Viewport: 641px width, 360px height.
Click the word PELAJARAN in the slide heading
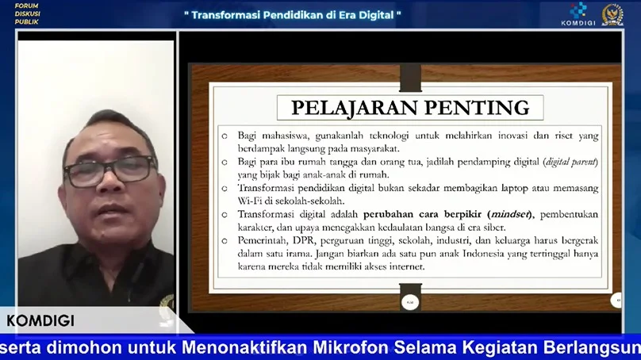tap(355, 109)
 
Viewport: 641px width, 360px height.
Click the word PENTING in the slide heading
tap(477, 108)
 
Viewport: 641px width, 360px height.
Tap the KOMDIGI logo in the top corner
tap(578, 14)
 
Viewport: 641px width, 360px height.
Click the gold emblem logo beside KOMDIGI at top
tap(612, 15)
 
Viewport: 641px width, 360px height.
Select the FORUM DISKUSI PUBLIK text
tap(28, 14)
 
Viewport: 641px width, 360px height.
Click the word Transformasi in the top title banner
tap(226, 15)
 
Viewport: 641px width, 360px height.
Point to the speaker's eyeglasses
tap(109, 170)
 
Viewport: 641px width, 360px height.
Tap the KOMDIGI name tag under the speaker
tap(40, 321)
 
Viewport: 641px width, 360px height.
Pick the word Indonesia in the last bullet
tap(483, 254)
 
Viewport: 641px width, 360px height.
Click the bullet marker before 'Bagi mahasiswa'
tap(225, 136)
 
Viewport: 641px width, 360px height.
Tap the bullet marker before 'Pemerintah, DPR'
tap(225, 241)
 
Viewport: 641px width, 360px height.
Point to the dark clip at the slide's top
tap(410, 78)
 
